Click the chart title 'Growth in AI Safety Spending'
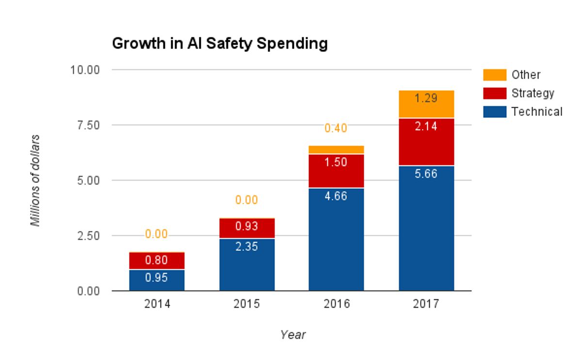click(220, 44)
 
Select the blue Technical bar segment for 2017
click(426, 228)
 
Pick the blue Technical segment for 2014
click(157, 280)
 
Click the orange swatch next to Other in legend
click(494, 75)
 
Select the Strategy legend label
click(533, 93)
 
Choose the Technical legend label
click(536, 112)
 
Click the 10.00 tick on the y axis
click(85, 70)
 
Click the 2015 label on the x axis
click(247, 304)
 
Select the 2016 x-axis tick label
click(336, 304)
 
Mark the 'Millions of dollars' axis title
click(35, 180)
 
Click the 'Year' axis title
click(292, 334)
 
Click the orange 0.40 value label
click(336, 128)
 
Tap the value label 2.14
click(426, 127)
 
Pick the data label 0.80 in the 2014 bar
click(157, 261)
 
